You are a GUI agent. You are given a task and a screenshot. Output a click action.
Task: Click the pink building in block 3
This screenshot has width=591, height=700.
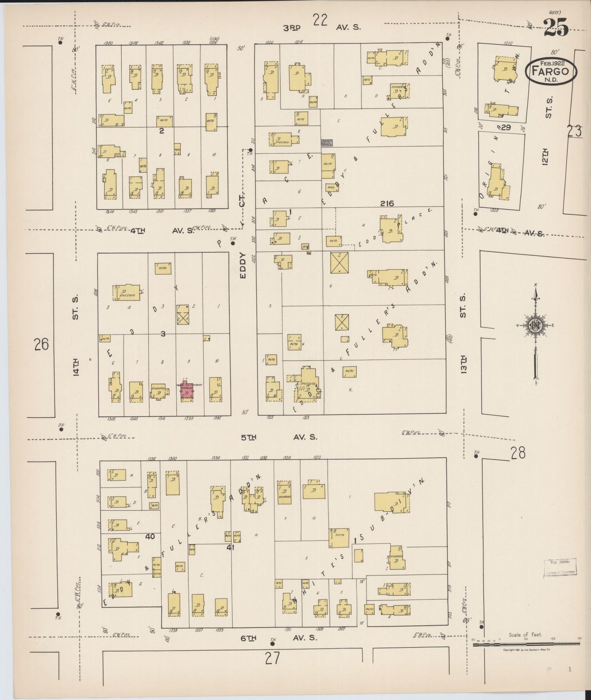tap(187, 392)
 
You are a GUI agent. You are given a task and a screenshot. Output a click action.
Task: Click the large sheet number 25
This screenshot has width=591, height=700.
tap(556, 28)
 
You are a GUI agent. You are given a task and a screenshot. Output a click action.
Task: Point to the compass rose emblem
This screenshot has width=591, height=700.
tap(535, 326)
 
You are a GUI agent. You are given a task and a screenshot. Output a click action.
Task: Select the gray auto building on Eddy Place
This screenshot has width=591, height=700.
tap(327, 142)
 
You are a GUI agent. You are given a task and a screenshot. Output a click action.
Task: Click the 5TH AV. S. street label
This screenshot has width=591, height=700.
tap(279, 437)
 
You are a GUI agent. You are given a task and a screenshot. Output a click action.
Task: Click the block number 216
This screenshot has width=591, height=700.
tap(387, 203)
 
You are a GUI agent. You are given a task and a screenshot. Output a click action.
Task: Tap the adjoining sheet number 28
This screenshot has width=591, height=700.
tap(518, 453)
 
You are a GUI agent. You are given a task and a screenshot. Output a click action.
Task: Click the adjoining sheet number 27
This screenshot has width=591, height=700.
tap(272, 658)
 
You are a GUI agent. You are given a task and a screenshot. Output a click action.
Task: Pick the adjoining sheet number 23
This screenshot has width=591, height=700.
tap(574, 131)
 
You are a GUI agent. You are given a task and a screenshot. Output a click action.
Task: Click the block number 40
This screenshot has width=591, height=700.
tap(150, 536)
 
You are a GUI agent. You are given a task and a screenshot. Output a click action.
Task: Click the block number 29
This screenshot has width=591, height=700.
tap(506, 128)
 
